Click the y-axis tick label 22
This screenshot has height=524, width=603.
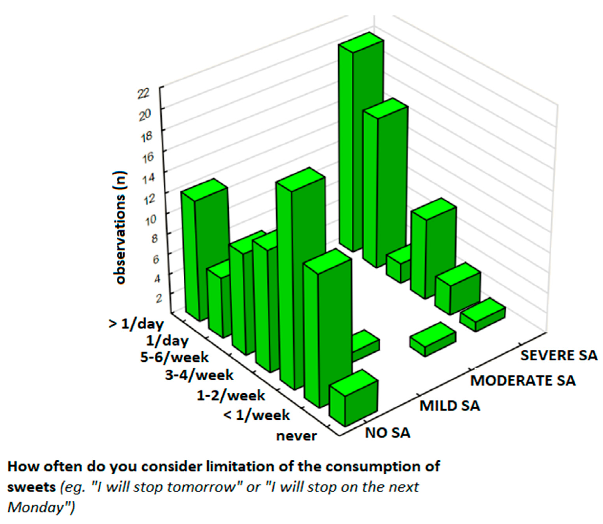pyautogui.click(x=144, y=94)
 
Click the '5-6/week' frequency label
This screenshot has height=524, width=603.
pyautogui.click(x=174, y=357)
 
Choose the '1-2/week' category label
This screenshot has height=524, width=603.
pyautogui.click(x=231, y=396)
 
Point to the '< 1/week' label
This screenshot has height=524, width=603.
pyautogui.click(x=256, y=415)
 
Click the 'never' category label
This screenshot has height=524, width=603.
pyautogui.click(x=297, y=436)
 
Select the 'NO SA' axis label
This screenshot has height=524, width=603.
pyautogui.click(x=388, y=433)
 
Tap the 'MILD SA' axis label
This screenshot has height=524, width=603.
pyautogui.click(x=450, y=406)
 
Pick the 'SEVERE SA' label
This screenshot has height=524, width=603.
pyautogui.click(x=559, y=355)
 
